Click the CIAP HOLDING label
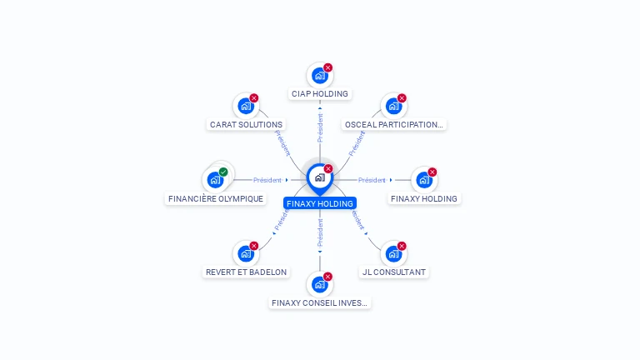(320, 94)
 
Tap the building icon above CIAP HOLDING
(319, 76)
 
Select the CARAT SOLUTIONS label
(246, 125)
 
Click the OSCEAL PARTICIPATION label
(393, 125)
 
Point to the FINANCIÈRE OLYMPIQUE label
(216, 199)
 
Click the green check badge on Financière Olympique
(223, 172)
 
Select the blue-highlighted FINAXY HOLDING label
(320, 203)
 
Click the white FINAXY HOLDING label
(424, 199)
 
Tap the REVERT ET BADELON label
(246, 272)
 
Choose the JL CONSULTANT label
(393, 272)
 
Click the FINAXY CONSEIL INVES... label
(320, 303)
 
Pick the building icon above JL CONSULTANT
(392, 253)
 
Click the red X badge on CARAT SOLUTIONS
(254, 98)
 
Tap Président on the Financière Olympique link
(267, 180)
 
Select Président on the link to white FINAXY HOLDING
(372, 180)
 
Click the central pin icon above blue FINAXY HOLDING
(319, 177)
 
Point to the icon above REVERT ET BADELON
(245, 253)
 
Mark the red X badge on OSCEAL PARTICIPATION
(402, 98)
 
